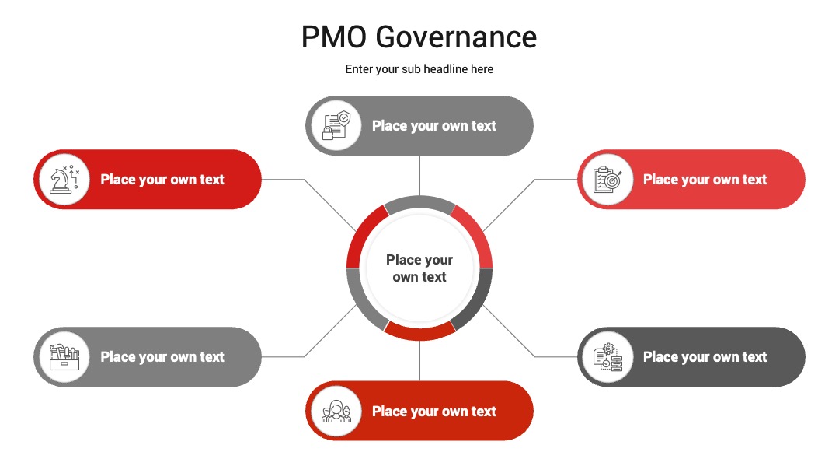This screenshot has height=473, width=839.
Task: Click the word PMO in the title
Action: click(x=334, y=37)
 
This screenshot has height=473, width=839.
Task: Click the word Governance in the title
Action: click(x=457, y=37)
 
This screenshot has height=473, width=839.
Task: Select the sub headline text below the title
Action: click(x=419, y=69)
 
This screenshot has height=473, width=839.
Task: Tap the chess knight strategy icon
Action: click(x=64, y=180)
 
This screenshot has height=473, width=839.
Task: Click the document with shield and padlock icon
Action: click(x=336, y=125)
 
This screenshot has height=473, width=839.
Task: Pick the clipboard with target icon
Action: click(x=607, y=180)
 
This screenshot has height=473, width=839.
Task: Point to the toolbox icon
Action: click(x=64, y=357)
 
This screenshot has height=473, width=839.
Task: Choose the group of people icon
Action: click(x=336, y=412)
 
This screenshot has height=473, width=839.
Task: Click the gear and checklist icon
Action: click(x=607, y=357)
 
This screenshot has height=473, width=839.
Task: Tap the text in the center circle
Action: click(x=419, y=268)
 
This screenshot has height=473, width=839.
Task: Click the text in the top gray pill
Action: click(x=434, y=126)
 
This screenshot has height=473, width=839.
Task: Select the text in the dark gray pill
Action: click(x=705, y=357)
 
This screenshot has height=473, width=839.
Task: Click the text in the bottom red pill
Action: click(x=434, y=412)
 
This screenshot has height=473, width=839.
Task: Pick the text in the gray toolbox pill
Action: click(x=162, y=357)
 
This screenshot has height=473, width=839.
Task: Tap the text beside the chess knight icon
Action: click(x=162, y=180)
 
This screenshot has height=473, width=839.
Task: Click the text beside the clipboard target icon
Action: click(x=705, y=180)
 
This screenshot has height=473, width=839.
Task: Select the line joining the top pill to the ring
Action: click(x=419, y=176)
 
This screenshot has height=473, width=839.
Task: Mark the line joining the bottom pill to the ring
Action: click(x=419, y=360)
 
